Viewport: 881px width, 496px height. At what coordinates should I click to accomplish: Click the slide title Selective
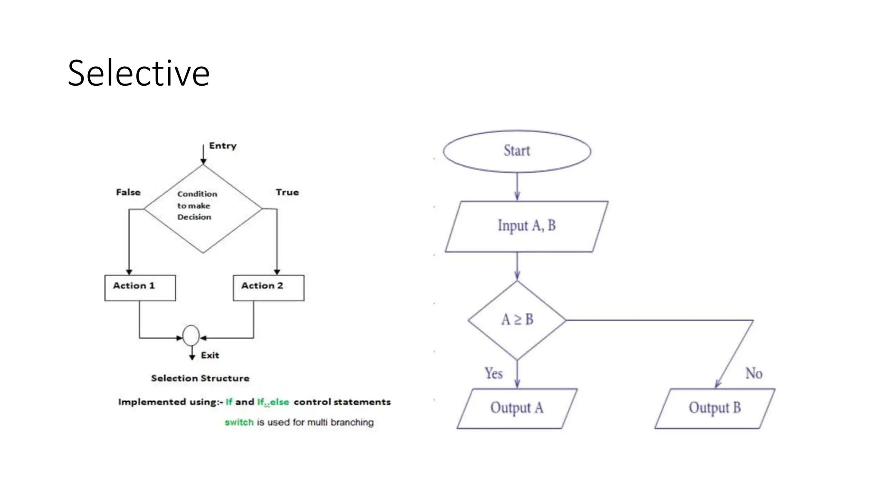pos(139,73)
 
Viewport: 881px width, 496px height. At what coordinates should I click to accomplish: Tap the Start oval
pos(517,151)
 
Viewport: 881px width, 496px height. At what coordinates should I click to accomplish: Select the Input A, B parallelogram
pos(527,226)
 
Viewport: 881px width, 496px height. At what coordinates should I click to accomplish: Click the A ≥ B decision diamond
pos(517,320)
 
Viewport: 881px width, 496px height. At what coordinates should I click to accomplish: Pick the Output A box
pos(517,408)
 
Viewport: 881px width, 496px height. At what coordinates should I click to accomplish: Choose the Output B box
pos(715,408)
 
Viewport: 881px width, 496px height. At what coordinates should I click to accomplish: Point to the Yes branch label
pos(493,373)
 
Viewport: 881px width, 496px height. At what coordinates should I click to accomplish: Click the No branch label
pos(754,373)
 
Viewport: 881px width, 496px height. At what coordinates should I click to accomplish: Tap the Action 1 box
pos(140,288)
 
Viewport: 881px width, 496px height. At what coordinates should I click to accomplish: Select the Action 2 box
pos(268,288)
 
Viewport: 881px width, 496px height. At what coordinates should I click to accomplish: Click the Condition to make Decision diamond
pos(203,209)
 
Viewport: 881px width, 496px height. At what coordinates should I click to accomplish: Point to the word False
pos(128,192)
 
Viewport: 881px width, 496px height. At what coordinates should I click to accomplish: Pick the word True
pos(287,192)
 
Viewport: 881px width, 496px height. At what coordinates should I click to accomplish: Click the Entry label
pos(223,146)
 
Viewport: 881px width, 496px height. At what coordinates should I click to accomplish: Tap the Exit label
pos(210,355)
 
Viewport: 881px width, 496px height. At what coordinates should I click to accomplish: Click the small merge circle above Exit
pos(191,335)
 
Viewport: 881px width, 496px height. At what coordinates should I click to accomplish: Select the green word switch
pos(239,422)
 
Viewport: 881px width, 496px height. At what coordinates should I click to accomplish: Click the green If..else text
pos(273,402)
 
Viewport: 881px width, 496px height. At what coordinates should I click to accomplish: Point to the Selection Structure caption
pos(200,378)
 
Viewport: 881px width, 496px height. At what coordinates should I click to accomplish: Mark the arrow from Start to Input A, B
pos(517,186)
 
